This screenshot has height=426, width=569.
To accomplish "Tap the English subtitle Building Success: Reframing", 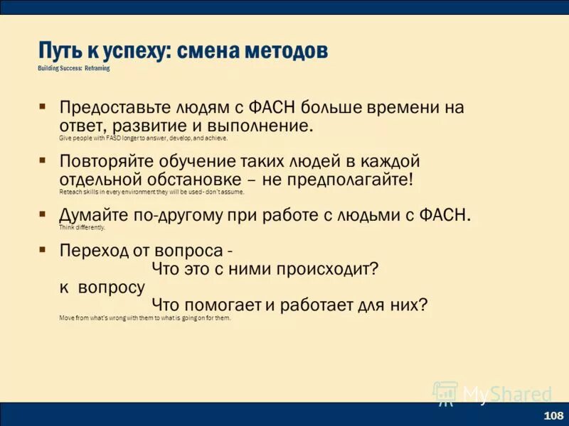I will [x=74, y=69].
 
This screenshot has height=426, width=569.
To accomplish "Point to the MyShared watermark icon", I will [x=445, y=393].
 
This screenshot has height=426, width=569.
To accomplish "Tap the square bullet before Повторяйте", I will [x=43, y=159].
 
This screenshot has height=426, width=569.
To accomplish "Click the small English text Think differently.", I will [x=82, y=228].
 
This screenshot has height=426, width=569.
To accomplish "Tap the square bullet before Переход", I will [x=43, y=250].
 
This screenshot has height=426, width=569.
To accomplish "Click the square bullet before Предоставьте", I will [x=43, y=106].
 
